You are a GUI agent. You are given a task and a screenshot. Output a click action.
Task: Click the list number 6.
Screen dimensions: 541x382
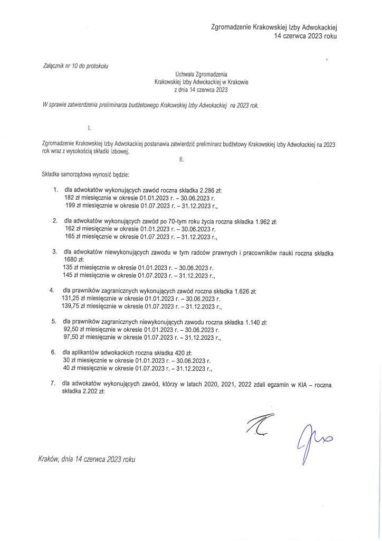[x=53, y=351]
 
